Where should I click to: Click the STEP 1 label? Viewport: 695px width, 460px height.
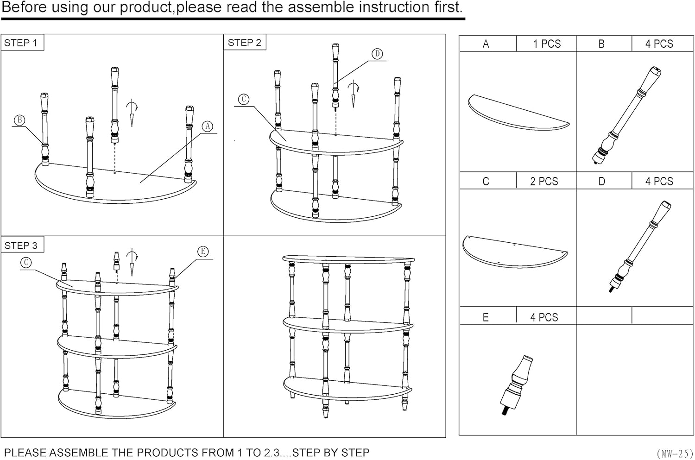21,43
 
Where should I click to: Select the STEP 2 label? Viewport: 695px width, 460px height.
245,43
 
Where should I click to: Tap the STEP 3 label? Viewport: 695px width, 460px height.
21,246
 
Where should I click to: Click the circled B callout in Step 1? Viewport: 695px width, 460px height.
19,120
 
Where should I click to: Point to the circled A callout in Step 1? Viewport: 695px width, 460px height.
208,126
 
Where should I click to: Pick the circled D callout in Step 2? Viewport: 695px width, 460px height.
377,54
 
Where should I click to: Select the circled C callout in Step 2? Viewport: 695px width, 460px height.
244,99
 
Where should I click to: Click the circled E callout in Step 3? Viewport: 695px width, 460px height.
203,252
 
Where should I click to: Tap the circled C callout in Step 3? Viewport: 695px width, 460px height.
26,263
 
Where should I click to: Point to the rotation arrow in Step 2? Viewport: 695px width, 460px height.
354,93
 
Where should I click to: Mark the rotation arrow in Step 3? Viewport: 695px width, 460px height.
132,262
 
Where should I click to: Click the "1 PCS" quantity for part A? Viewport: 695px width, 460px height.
547,44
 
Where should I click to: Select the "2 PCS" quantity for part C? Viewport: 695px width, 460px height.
544,181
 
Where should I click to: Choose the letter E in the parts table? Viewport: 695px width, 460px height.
486,317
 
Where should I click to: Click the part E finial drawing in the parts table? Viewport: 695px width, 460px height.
516,384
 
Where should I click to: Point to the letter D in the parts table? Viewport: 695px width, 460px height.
601,181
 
